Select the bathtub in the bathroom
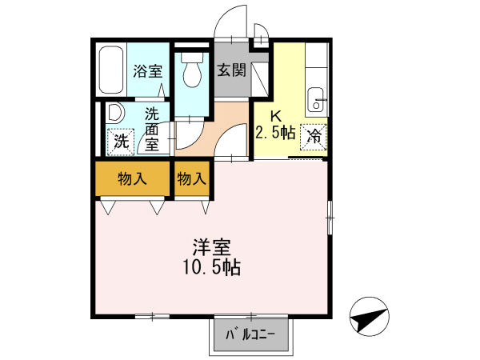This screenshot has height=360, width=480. click(x=110, y=71)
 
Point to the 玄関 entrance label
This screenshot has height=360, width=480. click(x=231, y=70)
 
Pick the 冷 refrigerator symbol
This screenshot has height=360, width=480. click(x=314, y=136)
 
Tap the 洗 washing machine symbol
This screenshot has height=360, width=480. click(x=120, y=142)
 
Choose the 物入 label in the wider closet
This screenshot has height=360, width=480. click(x=133, y=178)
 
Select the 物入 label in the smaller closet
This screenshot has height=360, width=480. click(x=192, y=178)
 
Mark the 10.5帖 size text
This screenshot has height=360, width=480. click(x=210, y=267)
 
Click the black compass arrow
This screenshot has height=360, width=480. click(x=370, y=317)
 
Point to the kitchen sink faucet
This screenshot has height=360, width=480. click(x=318, y=101)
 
